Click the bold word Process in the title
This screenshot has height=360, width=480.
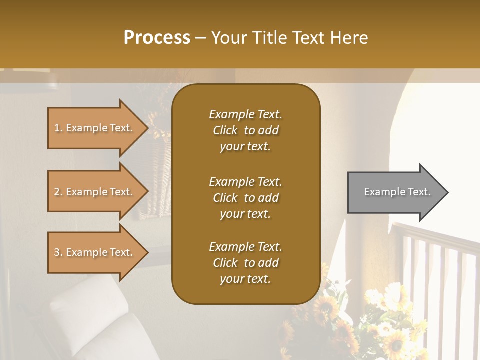(x=157, y=38)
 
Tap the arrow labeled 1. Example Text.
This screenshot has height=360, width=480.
(x=95, y=128)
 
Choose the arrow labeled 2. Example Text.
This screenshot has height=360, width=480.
(x=95, y=192)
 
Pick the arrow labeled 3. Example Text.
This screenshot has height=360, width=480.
(x=95, y=252)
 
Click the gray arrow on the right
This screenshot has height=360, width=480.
(x=395, y=192)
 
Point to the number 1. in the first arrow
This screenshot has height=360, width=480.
(x=58, y=128)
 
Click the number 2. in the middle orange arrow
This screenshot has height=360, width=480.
(x=58, y=192)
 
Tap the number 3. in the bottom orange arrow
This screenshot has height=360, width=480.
(x=58, y=252)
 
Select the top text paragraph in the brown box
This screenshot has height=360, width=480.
(x=245, y=130)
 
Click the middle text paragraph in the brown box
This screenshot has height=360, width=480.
(x=245, y=198)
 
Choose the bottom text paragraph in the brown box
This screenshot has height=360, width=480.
(x=245, y=263)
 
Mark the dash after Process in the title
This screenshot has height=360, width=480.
(x=200, y=38)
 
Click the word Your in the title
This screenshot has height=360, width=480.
(x=227, y=38)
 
